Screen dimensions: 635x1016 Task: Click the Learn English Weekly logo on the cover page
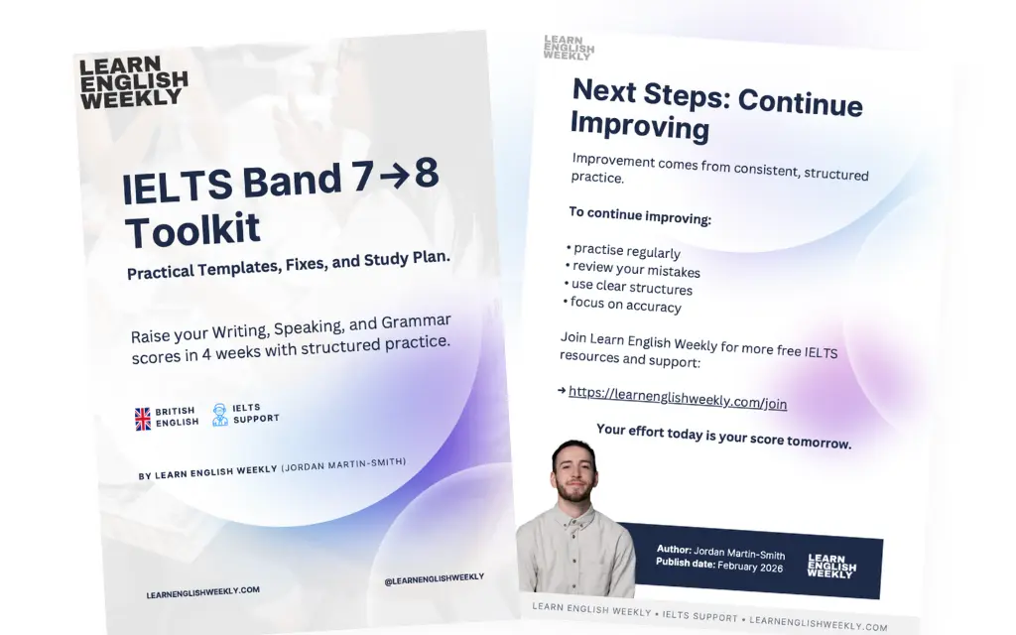(133, 82)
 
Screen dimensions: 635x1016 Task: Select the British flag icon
(143, 419)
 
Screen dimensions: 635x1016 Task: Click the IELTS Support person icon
(219, 415)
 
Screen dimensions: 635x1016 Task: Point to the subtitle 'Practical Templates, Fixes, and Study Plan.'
(289, 264)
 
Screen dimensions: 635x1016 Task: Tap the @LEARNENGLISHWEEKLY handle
(434, 577)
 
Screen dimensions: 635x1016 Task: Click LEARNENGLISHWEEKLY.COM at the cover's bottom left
(202, 591)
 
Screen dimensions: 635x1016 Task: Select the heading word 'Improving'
(640, 126)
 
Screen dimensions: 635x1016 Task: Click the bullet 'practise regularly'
(626, 251)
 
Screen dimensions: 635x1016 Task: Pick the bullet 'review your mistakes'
(636, 270)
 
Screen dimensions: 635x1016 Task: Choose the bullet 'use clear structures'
(631, 288)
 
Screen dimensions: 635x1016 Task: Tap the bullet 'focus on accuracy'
(625, 306)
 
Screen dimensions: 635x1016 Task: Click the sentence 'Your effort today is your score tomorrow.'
(723, 436)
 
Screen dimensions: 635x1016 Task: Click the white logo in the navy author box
(831, 566)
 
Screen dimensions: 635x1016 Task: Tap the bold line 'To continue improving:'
(639, 215)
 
